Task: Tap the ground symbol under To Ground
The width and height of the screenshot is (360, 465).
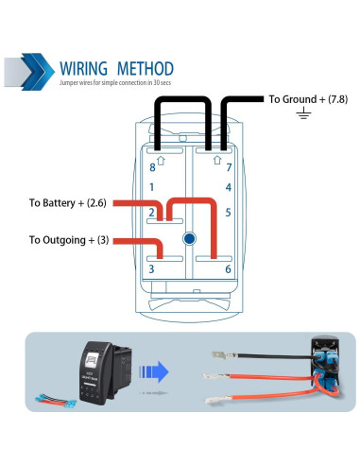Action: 302,114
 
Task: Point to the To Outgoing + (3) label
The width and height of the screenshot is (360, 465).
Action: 69,240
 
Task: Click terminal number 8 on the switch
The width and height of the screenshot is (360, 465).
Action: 152,167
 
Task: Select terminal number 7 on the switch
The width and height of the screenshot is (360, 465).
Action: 229,167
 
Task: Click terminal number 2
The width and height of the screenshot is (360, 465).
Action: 152,213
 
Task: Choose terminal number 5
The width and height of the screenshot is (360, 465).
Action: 229,213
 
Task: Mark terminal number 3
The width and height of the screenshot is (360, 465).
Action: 152,270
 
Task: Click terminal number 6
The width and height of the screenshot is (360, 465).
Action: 229,270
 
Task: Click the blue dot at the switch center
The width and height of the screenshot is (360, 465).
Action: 190,239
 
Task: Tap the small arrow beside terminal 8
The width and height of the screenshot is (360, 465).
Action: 162,161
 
